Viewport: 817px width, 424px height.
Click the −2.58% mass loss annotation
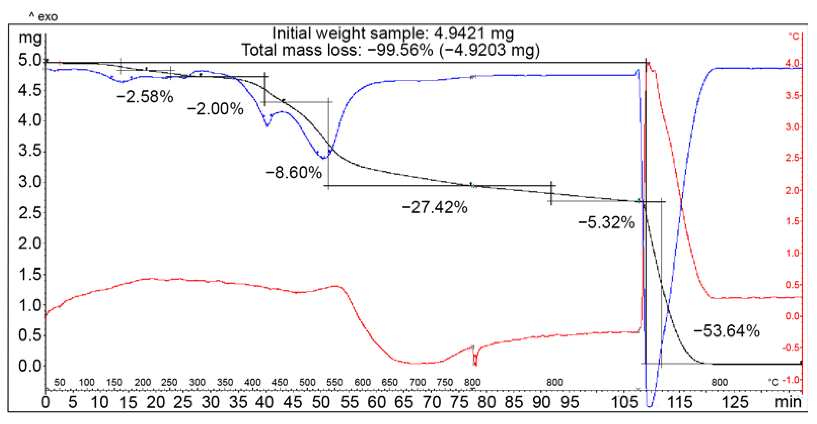click(x=145, y=97)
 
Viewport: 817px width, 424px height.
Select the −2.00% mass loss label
click(x=215, y=109)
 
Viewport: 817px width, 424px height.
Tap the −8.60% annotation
click(x=294, y=173)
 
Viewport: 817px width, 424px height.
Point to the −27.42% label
click(x=434, y=207)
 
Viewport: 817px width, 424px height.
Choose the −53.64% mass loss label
click(x=727, y=331)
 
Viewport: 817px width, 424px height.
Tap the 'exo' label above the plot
click(x=47, y=16)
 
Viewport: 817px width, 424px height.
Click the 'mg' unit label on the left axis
click(x=30, y=38)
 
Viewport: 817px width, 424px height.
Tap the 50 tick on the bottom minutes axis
click(x=321, y=402)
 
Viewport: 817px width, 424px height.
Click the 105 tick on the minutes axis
click(x=624, y=402)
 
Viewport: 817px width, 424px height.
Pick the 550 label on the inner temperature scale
click(x=335, y=382)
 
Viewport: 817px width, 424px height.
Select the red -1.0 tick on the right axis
click(x=791, y=379)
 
